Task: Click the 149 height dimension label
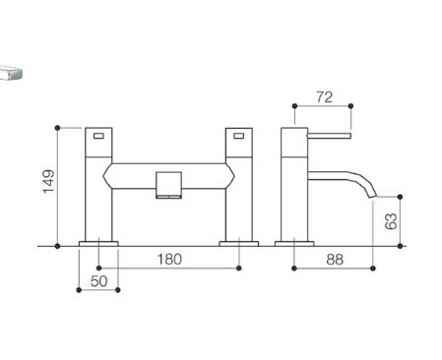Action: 48,181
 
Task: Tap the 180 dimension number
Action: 169,260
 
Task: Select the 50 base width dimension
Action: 98,281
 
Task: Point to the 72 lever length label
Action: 324,97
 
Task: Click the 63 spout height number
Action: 391,221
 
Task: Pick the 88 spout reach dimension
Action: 335,260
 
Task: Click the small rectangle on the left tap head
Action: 98,136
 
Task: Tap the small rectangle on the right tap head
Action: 239,136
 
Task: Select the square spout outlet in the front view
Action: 168,185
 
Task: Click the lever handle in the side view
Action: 330,136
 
